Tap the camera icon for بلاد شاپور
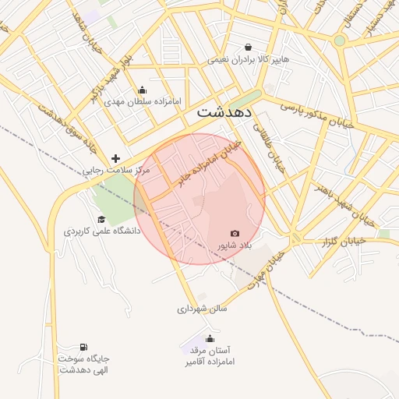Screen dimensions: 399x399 pyautogui.click(x=235, y=233)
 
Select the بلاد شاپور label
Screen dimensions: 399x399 pyautogui.click(x=235, y=245)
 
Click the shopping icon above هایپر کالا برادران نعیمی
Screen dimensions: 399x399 pyautogui.click(x=248, y=47)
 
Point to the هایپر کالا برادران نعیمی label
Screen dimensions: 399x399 pyautogui.click(x=248, y=59)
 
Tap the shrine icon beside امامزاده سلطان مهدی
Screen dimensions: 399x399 pyautogui.click(x=142, y=90)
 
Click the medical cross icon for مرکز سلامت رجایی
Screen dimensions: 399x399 pyautogui.click(x=115, y=157)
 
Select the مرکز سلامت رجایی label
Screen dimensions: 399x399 pyautogui.click(x=115, y=169)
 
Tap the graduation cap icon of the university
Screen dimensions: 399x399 pyautogui.click(x=101, y=219)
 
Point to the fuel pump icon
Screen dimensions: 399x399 pyautogui.click(x=83, y=347)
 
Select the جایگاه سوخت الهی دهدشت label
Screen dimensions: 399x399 pyautogui.click(x=83, y=364)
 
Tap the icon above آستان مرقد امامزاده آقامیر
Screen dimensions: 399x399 pyautogui.click(x=210, y=339)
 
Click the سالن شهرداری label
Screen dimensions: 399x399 pyautogui.click(x=202, y=309)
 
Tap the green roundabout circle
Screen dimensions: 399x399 pyautogui.click(x=340, y=41)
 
